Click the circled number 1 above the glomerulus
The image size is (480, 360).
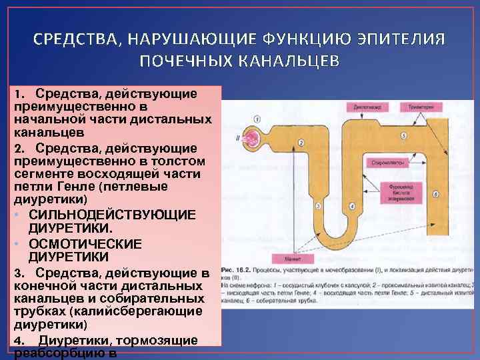point(256,119)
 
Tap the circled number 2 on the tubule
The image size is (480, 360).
point(301,143)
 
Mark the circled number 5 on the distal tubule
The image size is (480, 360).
point(404,135)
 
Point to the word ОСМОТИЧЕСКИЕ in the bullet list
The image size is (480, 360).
point(85,243)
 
